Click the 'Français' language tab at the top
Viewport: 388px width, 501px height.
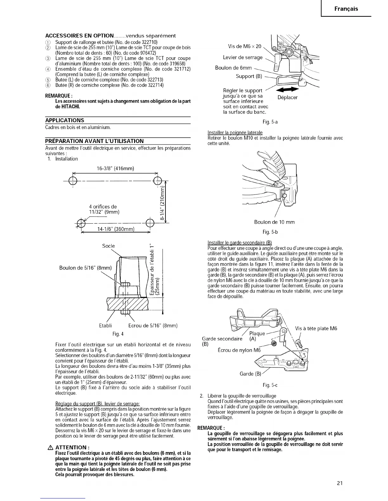click(346, 9)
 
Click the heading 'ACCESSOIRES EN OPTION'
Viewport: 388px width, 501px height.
click(80, 36)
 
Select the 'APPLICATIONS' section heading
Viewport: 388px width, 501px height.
click(65, 120)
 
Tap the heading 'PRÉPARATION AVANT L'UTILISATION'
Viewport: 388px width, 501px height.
click(94, 141)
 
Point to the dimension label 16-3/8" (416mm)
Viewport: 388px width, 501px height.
click(115, 168)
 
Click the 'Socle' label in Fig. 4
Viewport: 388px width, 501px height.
click(108, 246)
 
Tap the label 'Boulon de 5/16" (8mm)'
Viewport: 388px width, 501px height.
click(86, 268)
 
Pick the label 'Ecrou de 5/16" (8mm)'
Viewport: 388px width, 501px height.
click(153, 325)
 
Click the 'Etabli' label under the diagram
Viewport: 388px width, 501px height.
click(106, 325)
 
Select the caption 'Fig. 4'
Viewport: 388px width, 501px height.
click(118, 334)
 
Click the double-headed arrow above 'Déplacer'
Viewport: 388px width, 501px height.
click(288, 90)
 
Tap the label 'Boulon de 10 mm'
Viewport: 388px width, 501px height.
click(274, 222)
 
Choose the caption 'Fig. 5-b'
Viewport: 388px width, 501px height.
click(270, 232)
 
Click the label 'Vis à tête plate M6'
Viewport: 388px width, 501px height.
click(316, 328)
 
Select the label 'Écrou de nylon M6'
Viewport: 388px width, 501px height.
click(239, 350)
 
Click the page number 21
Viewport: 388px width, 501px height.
click(340, 483)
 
